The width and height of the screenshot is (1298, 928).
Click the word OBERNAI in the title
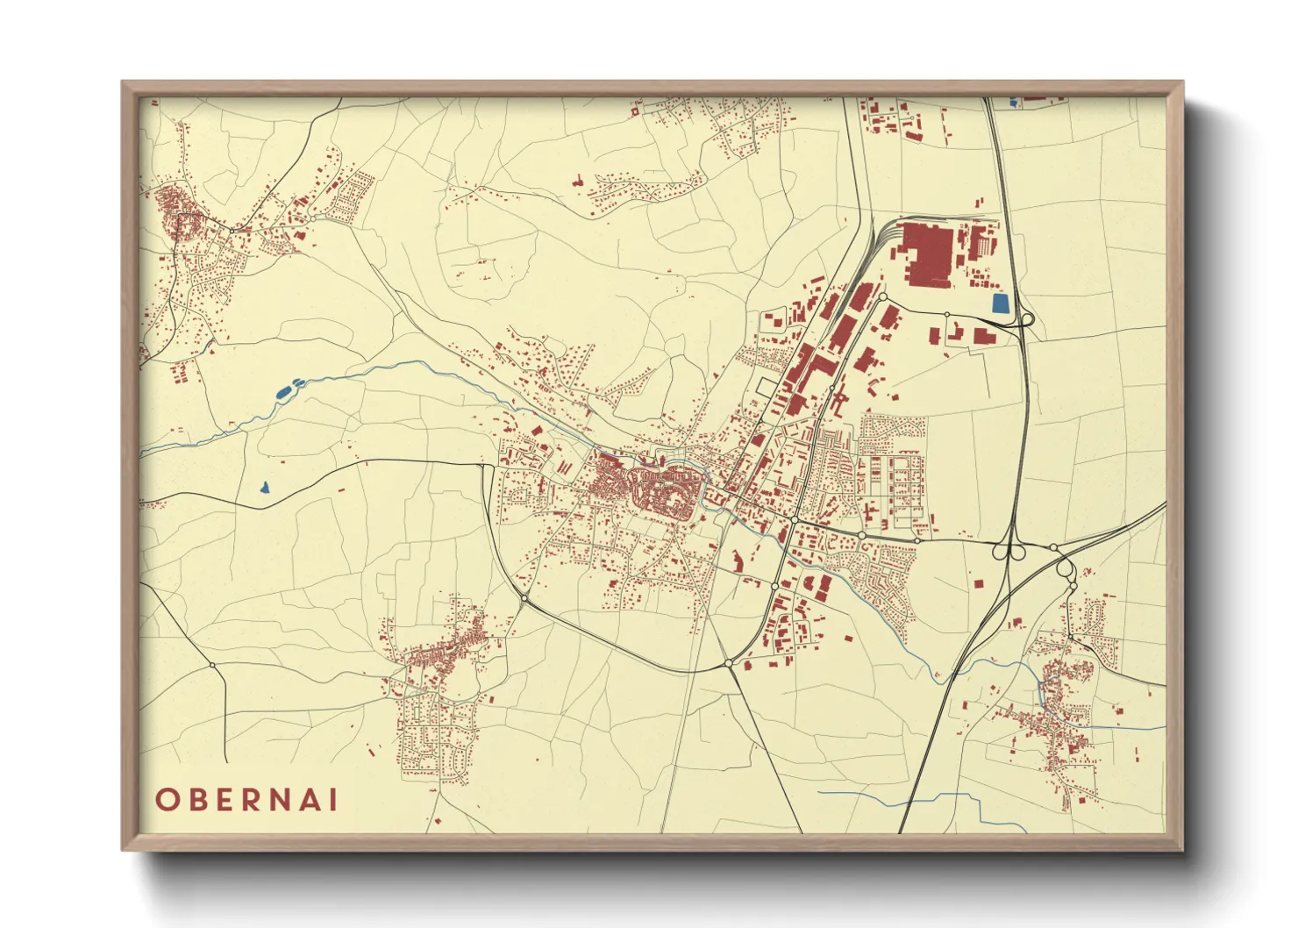[246, 800]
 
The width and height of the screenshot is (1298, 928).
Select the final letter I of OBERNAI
[332, 800]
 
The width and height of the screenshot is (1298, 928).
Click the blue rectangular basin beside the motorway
[999, 304]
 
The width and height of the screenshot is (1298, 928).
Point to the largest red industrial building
[929, 253]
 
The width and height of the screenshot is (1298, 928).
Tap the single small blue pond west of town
[264, 487]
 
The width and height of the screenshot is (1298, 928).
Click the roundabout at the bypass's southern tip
[729, 664]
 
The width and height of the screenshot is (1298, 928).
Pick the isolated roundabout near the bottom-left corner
[212, 665]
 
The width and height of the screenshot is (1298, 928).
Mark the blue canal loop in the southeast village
[1042, 693]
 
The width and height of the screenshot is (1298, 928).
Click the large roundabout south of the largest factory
[882, 298]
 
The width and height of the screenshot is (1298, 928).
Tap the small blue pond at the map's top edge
[1015, 103]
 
